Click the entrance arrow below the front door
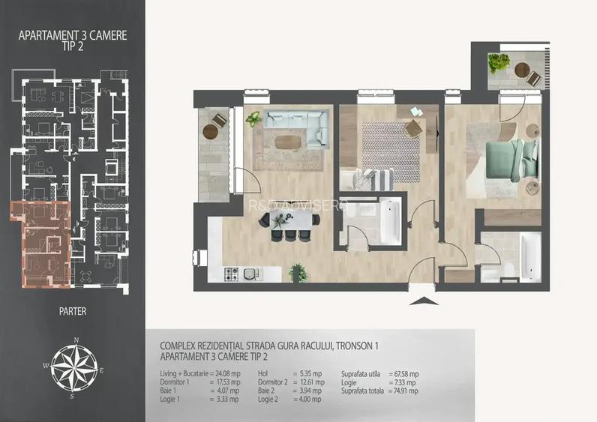coord(424,301)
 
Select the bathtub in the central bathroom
coord(390,220)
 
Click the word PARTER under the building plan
coord(73,310)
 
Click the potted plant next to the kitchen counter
coord(298,271)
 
